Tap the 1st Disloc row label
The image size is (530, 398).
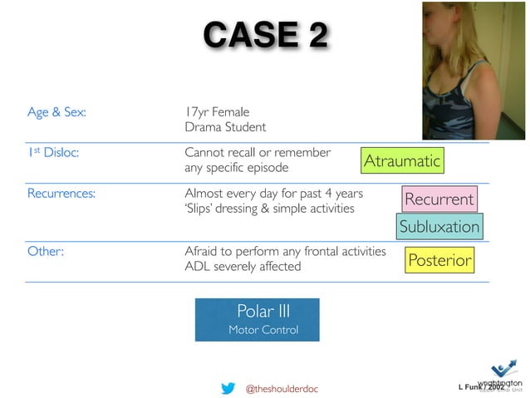tap(52, 153)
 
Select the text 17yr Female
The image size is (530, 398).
tap(216, 111)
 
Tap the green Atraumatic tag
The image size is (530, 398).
tap(402, 160)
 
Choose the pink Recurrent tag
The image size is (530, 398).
tap(439, 199)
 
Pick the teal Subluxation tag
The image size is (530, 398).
tap(439, 227)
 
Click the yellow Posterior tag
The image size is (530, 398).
tap(439, 261)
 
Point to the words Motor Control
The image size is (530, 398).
tap(263, 331)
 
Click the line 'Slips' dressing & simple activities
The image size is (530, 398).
tap(268, 209)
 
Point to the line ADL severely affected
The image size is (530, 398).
tap(243, 267)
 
